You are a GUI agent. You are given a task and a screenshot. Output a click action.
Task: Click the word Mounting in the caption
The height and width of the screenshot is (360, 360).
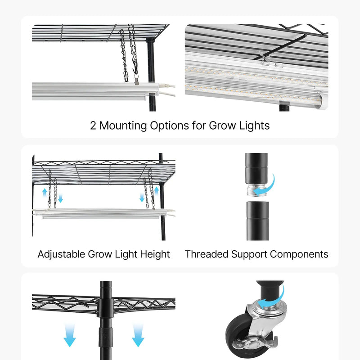click(123, 126)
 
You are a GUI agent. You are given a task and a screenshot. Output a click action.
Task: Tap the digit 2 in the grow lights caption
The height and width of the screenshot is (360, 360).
click(93, 126)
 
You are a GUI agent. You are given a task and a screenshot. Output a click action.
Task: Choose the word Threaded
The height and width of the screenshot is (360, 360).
click(207, 254)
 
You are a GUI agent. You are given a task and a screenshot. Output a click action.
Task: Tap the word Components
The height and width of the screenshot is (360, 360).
click(299, 255)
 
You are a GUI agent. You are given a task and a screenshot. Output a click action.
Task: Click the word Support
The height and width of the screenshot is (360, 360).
click(249, 255)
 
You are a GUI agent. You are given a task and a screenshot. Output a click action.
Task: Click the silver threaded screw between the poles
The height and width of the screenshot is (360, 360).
click(253, 190)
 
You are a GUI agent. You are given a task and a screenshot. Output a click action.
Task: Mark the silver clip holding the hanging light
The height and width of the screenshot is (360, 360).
click(137, 79)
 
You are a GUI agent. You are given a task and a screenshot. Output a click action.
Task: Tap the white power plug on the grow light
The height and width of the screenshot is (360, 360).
click(167, 86)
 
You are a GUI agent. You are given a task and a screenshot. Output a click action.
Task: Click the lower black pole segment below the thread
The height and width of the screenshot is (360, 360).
click(257, 221)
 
